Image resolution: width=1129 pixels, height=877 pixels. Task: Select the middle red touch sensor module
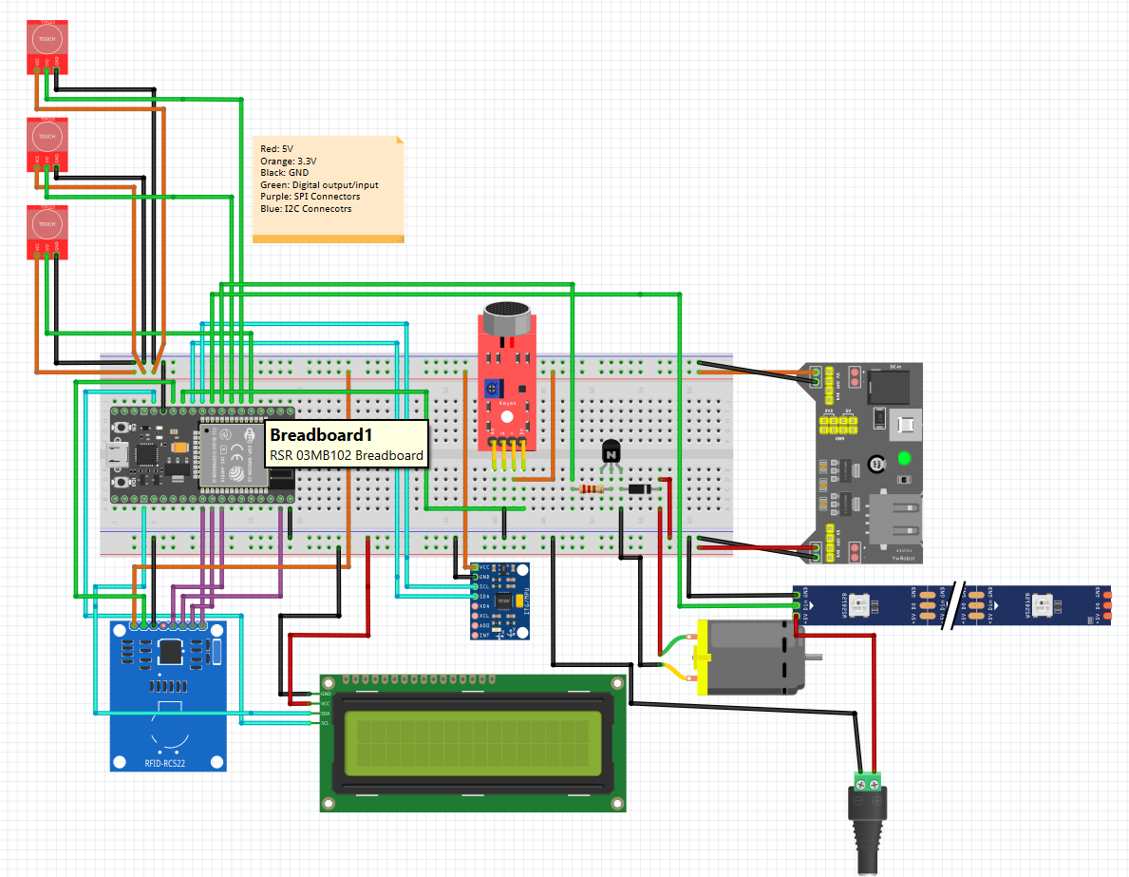[46, 143]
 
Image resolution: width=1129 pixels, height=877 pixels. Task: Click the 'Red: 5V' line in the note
[277, 149]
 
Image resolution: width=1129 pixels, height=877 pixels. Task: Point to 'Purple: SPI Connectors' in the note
[310, 197]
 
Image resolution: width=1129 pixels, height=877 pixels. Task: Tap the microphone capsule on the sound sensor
[507, 318]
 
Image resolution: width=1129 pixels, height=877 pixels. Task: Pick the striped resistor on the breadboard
[591, 489]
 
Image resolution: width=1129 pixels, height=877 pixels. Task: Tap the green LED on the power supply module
[904, 459]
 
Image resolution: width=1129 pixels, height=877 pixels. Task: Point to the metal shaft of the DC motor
[816, 657]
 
